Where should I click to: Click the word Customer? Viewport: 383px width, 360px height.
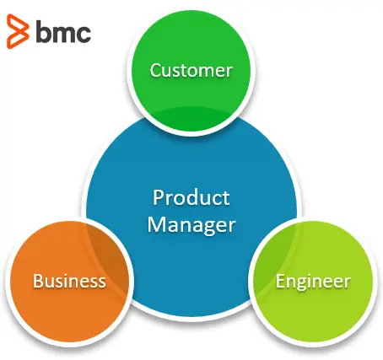[x=191, y=70]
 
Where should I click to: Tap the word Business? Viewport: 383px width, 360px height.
[x=69, y=281]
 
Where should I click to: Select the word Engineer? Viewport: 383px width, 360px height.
[x=313, y=282]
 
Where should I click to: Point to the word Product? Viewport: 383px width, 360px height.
[x=191, y=197]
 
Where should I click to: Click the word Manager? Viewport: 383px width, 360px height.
[x=191, y=226]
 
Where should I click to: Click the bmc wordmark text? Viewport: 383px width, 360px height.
[x=63, y=31]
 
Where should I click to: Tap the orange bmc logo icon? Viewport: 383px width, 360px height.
[x=18, y=31]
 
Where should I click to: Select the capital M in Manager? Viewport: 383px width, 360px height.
[x=156, y=224]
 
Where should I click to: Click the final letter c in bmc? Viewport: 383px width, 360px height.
[x=84, y=35]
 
